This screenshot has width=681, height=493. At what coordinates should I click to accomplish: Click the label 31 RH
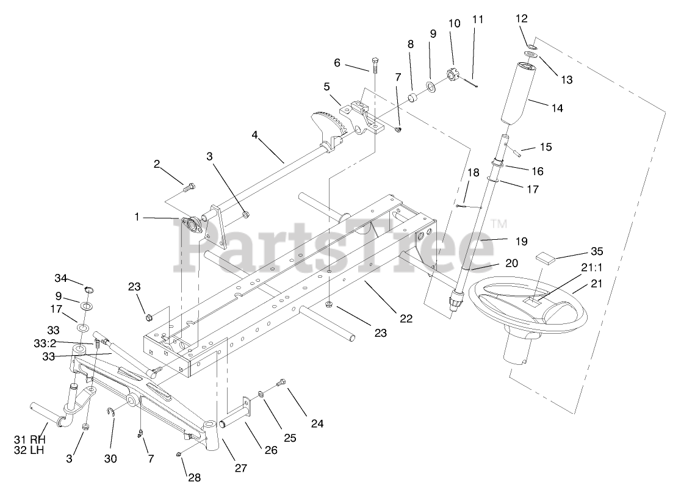(29, 439)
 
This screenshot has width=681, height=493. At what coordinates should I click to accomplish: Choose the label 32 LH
(29, 450)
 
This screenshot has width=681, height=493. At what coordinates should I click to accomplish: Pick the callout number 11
(477, 19)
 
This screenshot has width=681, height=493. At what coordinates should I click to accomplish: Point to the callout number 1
(137, 217)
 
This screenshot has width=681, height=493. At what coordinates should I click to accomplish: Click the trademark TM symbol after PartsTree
(499, 224)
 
